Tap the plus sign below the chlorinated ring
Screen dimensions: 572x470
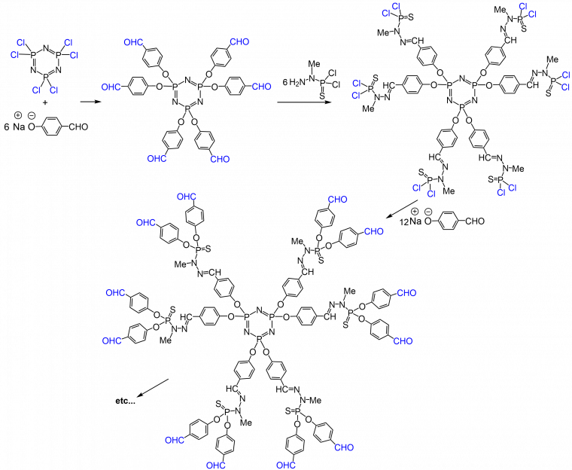pyautogui.click(x=45, y=102)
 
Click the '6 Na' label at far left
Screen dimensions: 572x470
pyautogui.click(x=14, y=127)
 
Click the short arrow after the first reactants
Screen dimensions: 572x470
pyautogui.click(x=90, y=102)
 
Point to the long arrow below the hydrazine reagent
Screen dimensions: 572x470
pyautogui.click(x=304, y=102)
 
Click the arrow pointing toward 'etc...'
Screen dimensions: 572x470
pyautogui.click(x=153, y=388)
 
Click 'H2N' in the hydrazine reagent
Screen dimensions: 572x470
pyautogui.click(x=298, y=83)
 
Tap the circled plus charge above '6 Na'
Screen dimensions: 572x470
pyautogui.click(x=17, y=116)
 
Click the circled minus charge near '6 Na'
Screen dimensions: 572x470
pyautogui.click(x=32, y=116)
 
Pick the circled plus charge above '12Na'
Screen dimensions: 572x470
pyautogui.click(x=415, y=212)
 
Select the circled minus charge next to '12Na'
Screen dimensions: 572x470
pyautogui.click(x=429, y=212)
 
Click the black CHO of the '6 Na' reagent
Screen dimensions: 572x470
pyautogui.click(x=78, y=127)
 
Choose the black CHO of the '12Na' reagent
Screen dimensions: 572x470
pyautogui.click(x=475, y=221)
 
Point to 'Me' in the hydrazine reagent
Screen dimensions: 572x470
pyautogui.click(x=314, y=64)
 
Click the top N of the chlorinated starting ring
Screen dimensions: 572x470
pyautogui.click(x=45, y=47)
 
